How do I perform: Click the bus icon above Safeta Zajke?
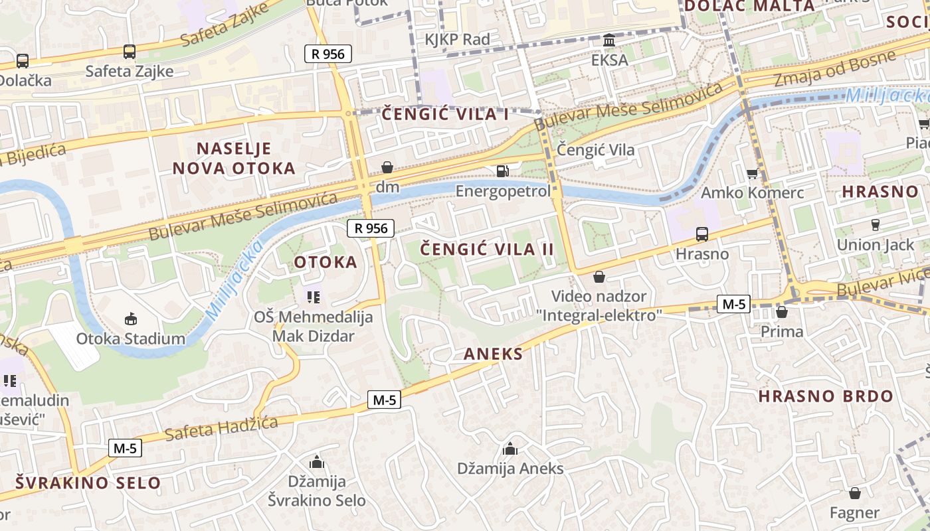(130, 51)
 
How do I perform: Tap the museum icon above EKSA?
(609, 40)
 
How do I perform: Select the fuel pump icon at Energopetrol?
(503, 171)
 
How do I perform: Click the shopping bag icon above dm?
(387, 167)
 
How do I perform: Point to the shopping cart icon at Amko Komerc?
(752, 174)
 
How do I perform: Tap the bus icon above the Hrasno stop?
(701, 234)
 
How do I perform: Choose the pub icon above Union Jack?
(876, 224)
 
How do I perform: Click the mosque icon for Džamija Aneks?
(510, 449)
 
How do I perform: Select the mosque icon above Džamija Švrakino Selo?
(317, 461)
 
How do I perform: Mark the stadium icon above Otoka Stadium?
(131, 319)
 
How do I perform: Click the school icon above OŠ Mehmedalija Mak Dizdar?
(313, 297)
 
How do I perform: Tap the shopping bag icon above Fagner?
(855, 493)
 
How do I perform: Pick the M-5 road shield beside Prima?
(734, 304)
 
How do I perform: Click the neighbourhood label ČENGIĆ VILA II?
(488, 250)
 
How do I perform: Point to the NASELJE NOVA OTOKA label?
(234, 158)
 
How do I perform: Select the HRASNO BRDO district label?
(826, 396)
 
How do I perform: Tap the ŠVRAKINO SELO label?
(88, 483)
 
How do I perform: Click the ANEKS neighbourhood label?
(493, 354)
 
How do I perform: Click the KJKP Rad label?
(457, 40)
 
